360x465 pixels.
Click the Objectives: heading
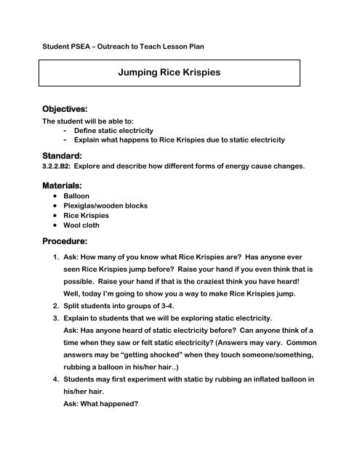click(x=69, y=108)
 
